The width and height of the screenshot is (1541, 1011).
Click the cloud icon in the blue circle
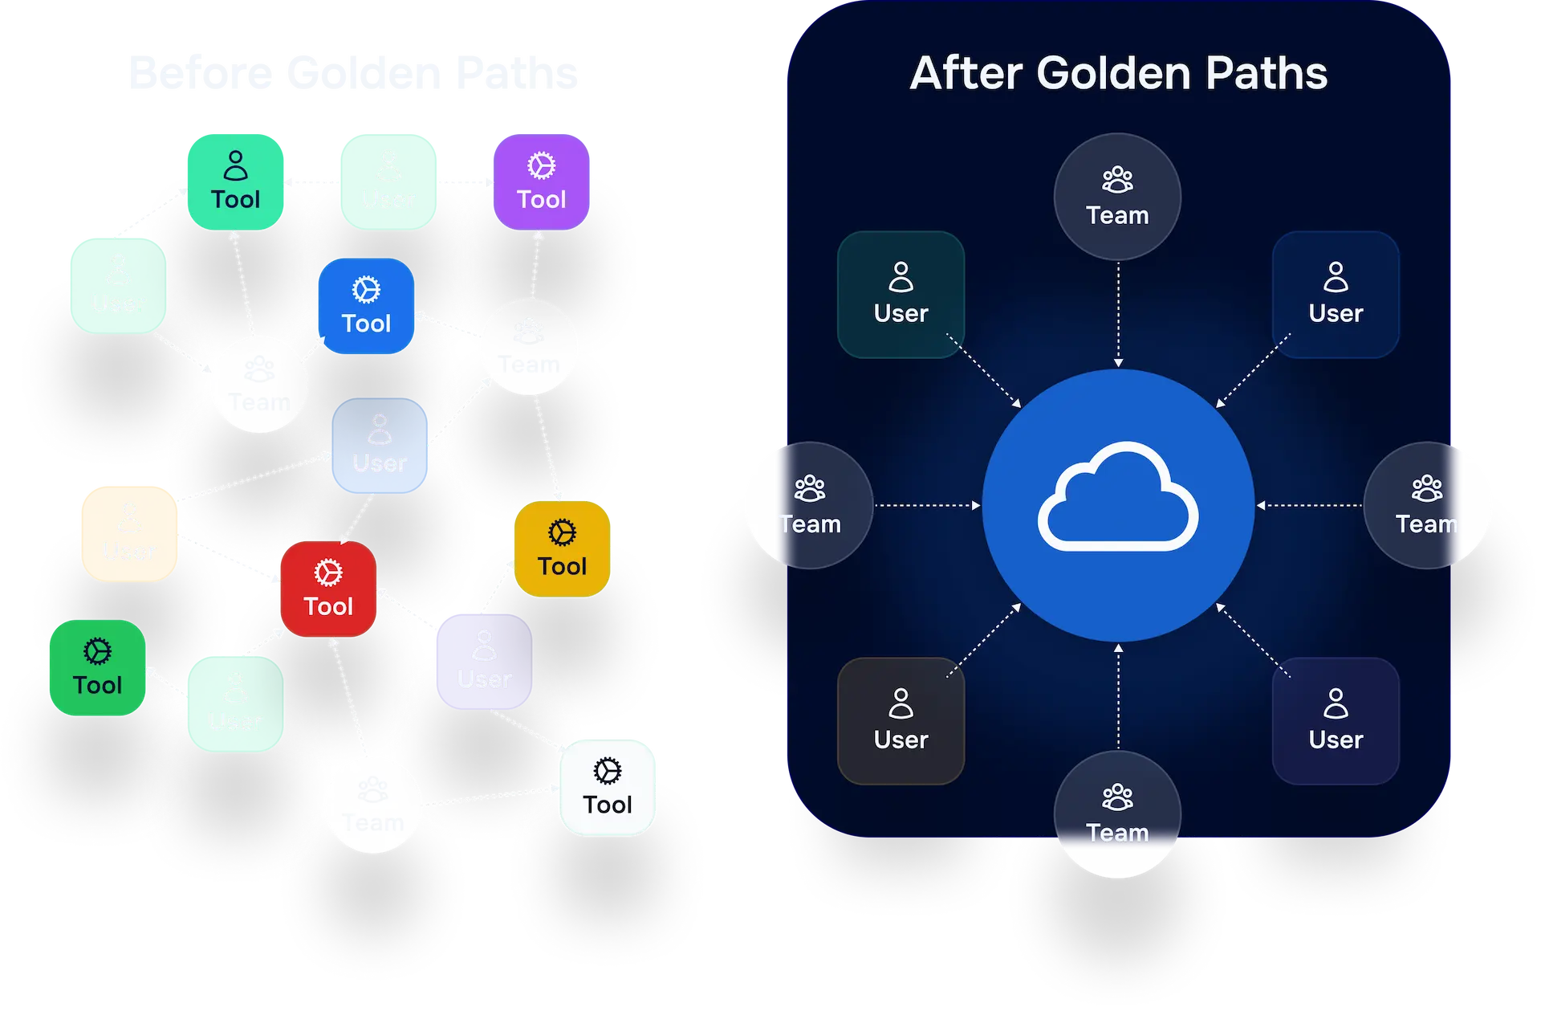click(1117, 497)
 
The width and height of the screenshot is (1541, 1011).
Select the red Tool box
click(328, 589)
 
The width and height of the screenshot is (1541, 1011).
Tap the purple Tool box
click(541, 181)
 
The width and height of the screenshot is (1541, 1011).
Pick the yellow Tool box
click(562, 548)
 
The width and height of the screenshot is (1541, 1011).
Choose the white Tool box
click(608, 787)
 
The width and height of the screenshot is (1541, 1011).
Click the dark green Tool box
click(97, 667)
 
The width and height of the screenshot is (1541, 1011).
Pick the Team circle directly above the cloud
click(1117, 197)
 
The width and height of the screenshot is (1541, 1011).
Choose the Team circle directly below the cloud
click(1117, 813)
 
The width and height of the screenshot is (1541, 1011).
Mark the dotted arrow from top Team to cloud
click(1118, 313)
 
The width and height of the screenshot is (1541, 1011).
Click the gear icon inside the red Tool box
click(328, 572)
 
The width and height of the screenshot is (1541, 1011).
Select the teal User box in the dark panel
click(901, 295)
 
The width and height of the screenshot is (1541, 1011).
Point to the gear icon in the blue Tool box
click(366, 289)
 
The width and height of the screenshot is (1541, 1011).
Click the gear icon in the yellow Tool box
click(562, 532)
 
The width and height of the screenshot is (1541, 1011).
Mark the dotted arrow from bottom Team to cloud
click(1118, 695)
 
